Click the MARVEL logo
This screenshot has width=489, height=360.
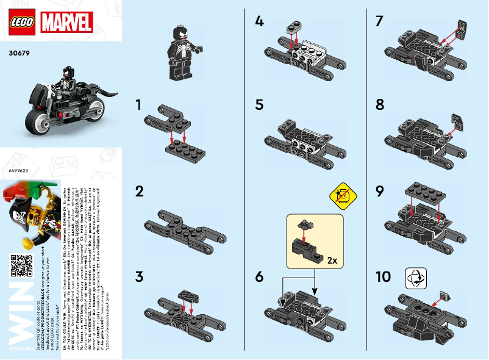pyautogui.click(x=66, y=23)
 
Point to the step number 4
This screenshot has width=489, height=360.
pyautogui.click(x=260, y=22)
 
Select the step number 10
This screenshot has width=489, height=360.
pyautogui.click(x=384, y=277)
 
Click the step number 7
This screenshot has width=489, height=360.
pyautogui.click(x=380, y=22)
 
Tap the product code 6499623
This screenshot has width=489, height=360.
pyautogui.click(x=19, y=171)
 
